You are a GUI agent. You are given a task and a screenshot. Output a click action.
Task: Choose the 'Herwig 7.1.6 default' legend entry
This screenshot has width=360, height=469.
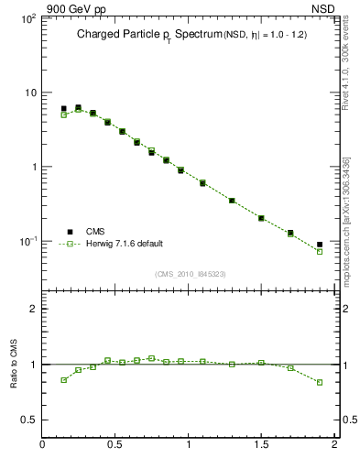coord(124,244)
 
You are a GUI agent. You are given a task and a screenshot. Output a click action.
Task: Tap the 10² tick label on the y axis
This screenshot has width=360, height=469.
coord(27,18)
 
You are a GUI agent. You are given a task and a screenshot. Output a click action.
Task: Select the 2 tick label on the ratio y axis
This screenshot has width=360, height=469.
coord(32,310)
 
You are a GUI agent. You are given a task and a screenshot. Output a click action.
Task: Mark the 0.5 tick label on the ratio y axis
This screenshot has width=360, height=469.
coord(28,420)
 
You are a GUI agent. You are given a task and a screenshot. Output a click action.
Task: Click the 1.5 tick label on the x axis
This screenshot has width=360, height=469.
coord(261,445)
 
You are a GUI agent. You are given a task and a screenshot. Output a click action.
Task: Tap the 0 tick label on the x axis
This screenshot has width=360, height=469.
coord(43,445)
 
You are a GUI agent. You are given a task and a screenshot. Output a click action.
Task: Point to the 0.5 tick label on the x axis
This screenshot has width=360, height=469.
coord(115,445)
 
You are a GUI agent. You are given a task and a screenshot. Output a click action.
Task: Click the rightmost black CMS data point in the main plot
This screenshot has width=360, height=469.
coord(320,245)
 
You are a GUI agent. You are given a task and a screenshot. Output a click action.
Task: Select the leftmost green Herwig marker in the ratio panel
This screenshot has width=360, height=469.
coord(64,379)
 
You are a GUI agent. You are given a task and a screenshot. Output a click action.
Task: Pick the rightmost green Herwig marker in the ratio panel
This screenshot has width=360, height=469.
coord(320,382)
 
